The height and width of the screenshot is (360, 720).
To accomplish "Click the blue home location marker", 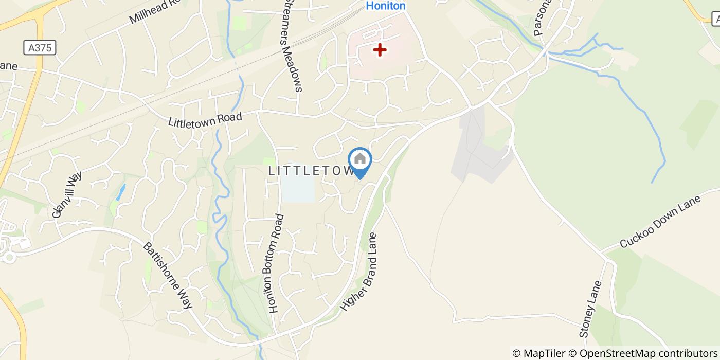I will point(360,160).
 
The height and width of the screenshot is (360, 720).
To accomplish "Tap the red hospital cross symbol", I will point(380,50).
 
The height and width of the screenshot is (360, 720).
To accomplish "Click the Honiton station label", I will point(386,6).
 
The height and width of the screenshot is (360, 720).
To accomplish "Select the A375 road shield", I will point(40,48).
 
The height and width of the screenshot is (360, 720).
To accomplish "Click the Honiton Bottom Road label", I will point(276,263).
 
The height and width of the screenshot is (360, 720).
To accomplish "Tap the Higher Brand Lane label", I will point(359,272).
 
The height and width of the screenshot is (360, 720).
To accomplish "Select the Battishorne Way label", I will point(168,275).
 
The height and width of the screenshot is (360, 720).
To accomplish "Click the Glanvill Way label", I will point(67,195).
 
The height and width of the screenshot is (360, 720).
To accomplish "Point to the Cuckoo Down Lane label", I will point(660,222).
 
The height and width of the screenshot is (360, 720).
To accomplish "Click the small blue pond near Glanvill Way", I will point(120,192).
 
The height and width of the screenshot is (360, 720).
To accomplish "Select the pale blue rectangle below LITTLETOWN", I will point(298,189).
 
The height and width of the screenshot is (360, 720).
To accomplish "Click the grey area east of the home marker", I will point(478,149).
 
